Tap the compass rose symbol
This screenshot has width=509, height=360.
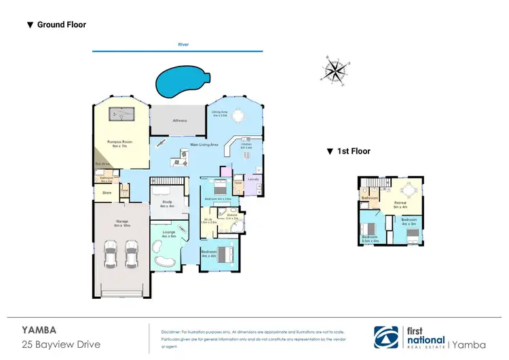tap(333, 71)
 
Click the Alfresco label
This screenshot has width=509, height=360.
tap(180, 120)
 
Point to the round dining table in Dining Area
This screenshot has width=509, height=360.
tap(238, 117)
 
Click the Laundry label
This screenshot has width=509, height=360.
tap(252, 179)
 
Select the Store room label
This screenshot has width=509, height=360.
tap(107, 192)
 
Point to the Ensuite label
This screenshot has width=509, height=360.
tap(231, 215)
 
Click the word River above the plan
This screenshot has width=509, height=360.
tap(183, 44)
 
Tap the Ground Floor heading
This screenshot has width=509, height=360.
tap(61, 25)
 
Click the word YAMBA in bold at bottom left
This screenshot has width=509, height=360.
tap(39, 329)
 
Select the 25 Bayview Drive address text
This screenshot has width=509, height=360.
tap(61, 344)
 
